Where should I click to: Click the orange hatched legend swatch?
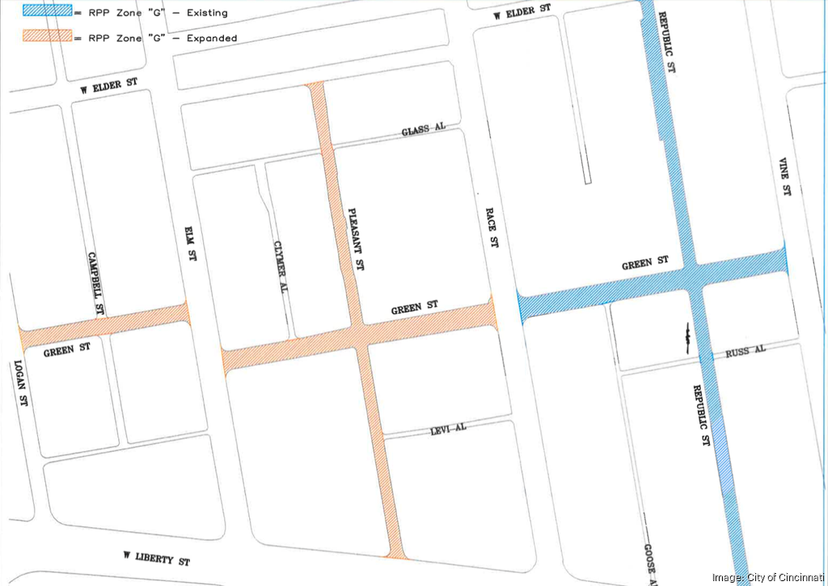coord(46,37)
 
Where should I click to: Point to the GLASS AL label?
coord(423,130)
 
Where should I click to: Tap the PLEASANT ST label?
coord(356,238)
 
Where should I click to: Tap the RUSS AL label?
coord(745,352)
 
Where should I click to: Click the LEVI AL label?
coord(448,429)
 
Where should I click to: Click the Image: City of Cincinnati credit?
coord(767,576)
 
